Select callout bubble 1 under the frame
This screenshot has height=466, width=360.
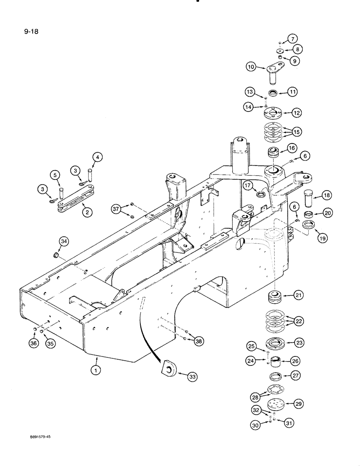pos(96,371)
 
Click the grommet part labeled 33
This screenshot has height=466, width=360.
pos(168,370)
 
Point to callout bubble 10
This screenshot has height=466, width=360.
pos(251,67)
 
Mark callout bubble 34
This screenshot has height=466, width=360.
pos(64,241)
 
